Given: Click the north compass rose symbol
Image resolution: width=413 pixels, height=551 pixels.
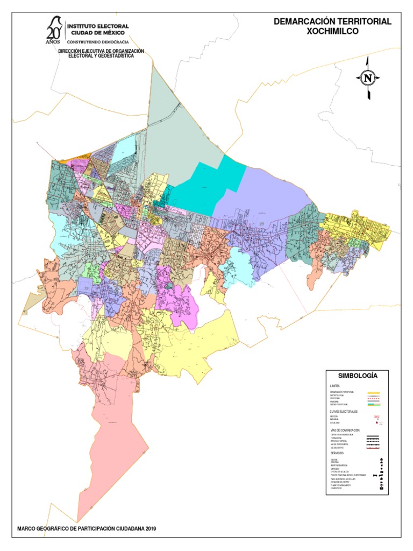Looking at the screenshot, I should pyautogui.click(x=368, y=78).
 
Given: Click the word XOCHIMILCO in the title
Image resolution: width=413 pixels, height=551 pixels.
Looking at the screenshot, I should pyautogui.click(x=332, y=31).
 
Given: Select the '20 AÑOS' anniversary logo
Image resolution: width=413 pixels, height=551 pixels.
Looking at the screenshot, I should pyautogui.click(x=53, y=31).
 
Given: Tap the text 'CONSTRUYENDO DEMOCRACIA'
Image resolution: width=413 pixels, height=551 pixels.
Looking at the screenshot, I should pyautogui.click(x=97, y=41).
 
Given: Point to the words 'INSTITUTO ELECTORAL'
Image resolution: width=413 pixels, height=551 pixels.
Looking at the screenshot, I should pyautogui.click(x=97, y=25).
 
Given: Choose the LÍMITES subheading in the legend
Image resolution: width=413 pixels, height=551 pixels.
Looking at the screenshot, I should pyautogui.click(x=335, y=386).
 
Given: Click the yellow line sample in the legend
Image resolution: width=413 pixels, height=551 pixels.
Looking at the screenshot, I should pyautogui.click(x=374, y=393).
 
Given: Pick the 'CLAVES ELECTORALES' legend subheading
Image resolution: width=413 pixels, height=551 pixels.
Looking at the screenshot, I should pyautogui.click(x=344, y=411).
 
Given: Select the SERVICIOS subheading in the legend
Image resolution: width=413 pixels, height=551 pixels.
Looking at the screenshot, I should pyautogui.click(x=338, y=453).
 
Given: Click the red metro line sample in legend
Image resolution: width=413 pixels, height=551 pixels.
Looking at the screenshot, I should pyautogui.click(x=374, y=448).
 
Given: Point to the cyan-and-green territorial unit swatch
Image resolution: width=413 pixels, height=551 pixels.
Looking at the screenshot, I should pyautogui.click(x=374, y=404).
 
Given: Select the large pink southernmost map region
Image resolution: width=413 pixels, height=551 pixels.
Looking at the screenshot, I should pyautogui.click(x=116, y=420).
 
